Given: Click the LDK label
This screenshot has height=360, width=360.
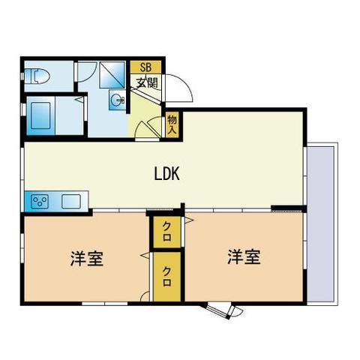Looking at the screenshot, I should coord(166,175).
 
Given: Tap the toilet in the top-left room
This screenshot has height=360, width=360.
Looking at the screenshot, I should coord(35,76).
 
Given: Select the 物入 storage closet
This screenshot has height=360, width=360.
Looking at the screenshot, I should coord(172,124).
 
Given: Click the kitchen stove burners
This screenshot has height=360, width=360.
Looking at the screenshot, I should coord(38,202).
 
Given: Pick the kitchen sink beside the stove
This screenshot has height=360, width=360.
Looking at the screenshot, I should coord(71,202).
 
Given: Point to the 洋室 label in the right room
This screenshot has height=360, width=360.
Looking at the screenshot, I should coord(244,256).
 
